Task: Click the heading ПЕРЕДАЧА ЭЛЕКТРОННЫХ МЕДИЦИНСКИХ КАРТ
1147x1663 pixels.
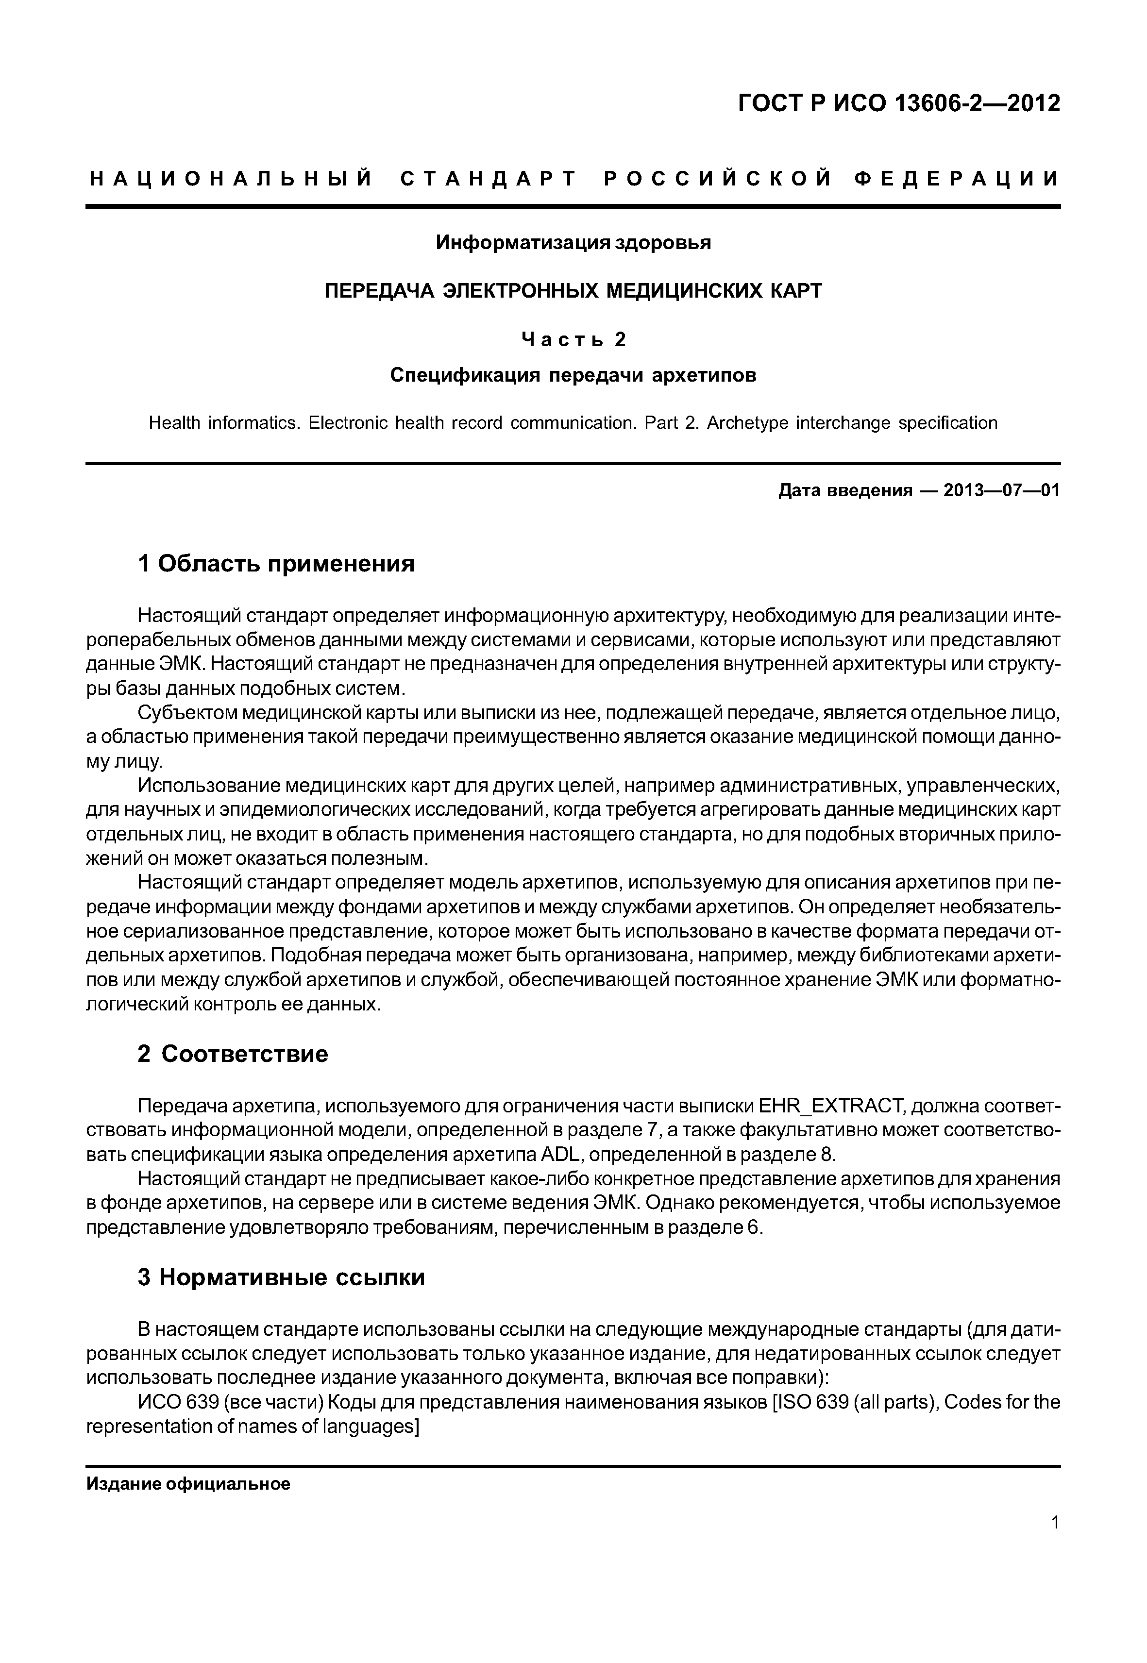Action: [x=573, y=291]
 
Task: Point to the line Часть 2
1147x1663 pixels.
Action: [x=573, y=339]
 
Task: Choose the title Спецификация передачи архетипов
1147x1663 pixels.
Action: [x=573, y=375]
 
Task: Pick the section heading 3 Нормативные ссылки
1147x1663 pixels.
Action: [x=281, y=1277]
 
